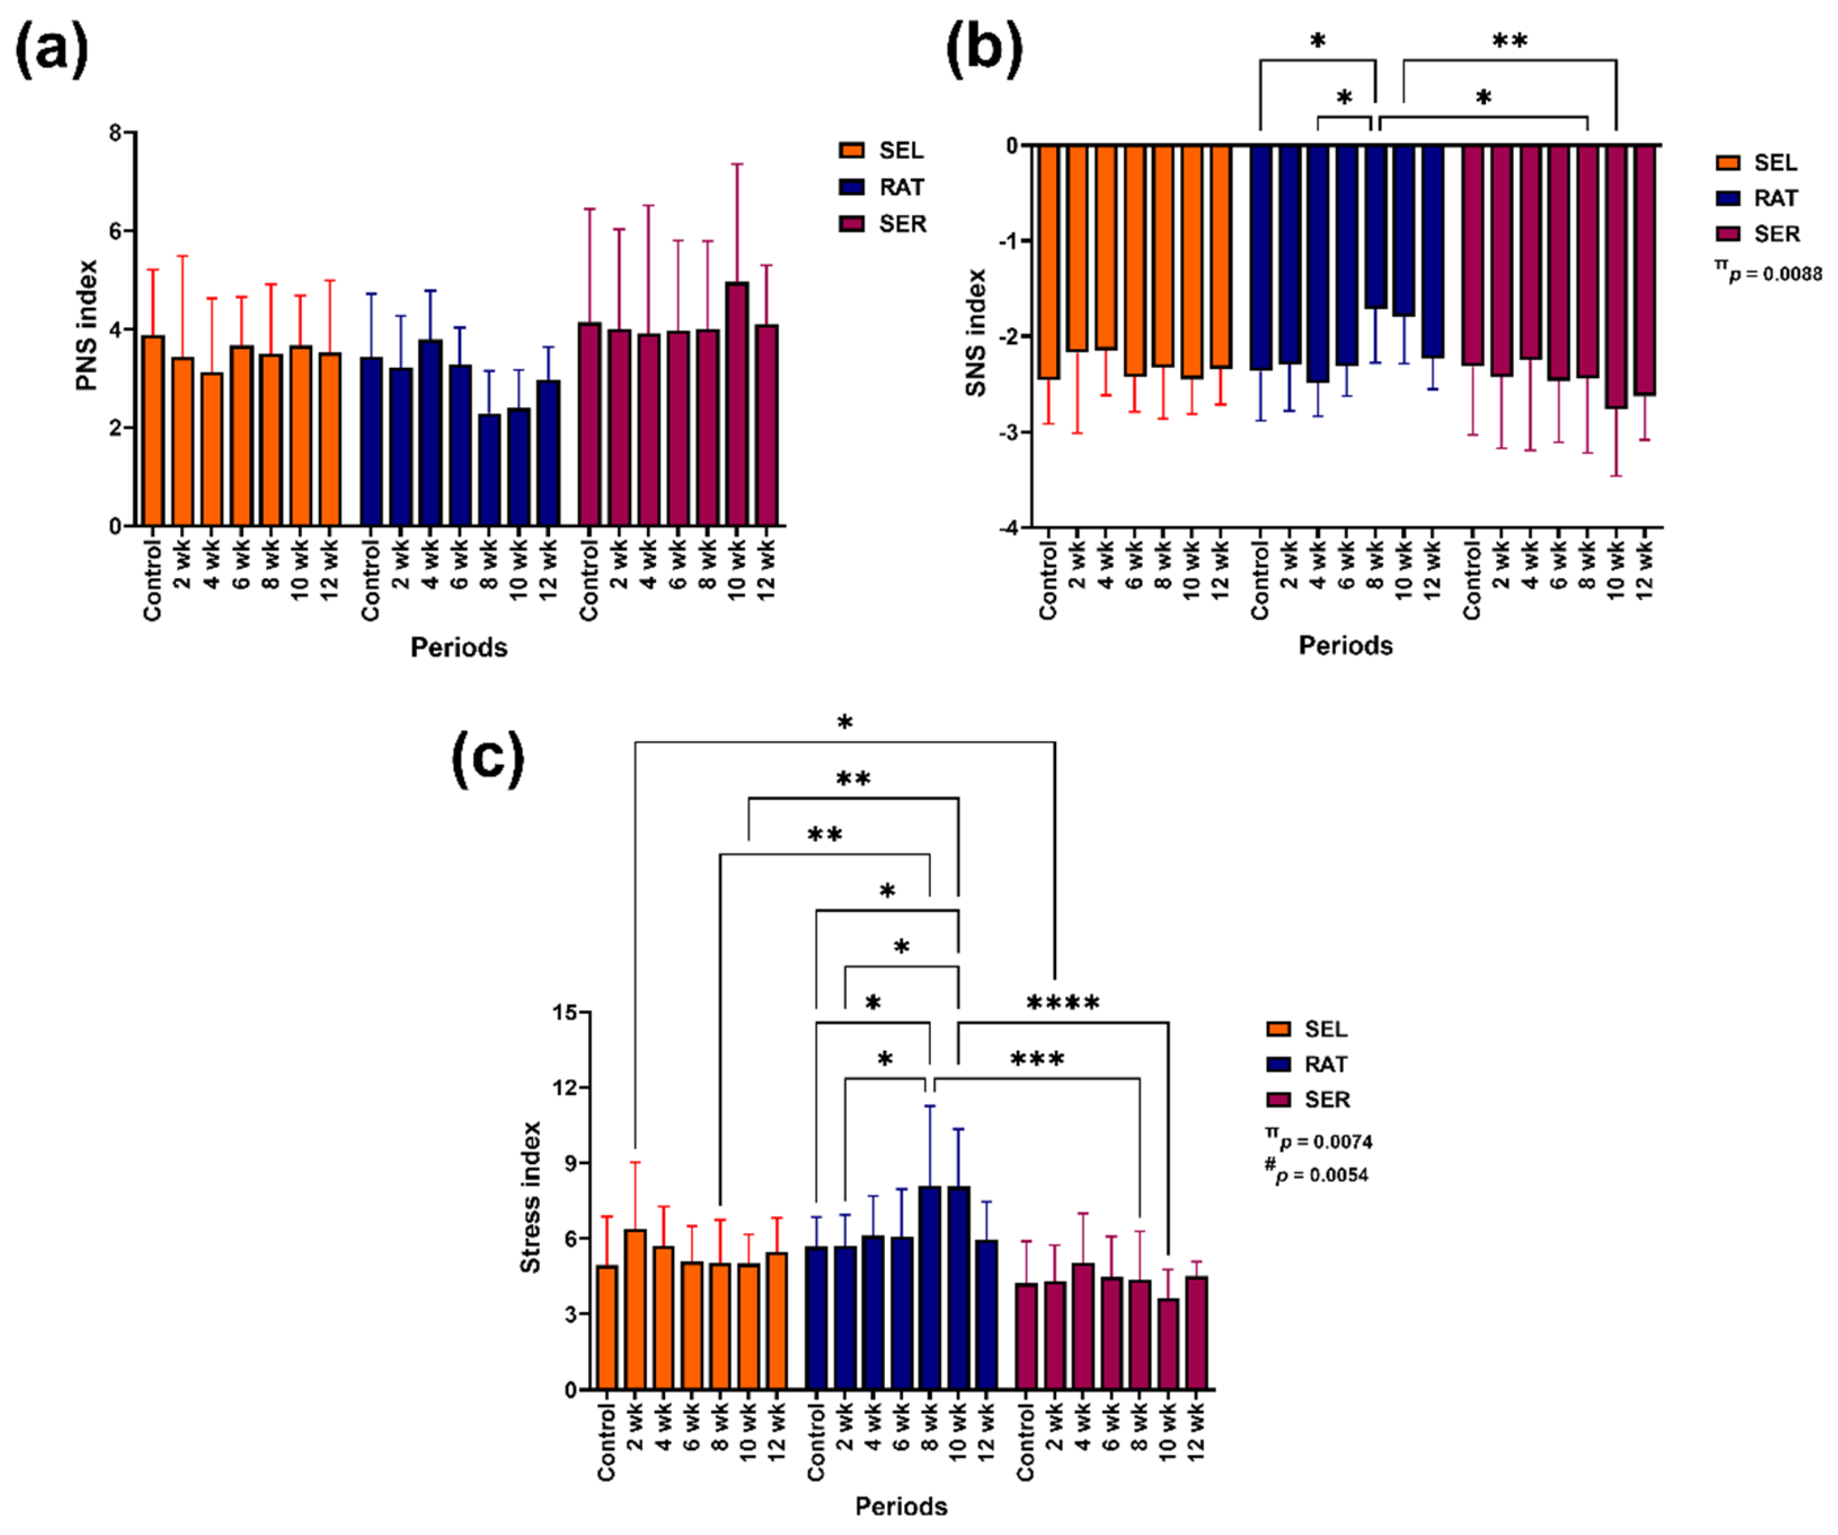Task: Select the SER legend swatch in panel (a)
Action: point(852,224)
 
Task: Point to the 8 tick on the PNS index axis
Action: point(114,133)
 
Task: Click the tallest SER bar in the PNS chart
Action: point(737,403)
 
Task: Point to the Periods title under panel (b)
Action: point(1345,646)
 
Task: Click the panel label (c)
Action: point(488,758)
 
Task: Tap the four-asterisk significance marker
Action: point(1063,1003)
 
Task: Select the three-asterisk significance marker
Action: point(1037,1060)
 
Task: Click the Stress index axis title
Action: point(530,1197)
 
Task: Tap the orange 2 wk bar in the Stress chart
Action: point(636,1309)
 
